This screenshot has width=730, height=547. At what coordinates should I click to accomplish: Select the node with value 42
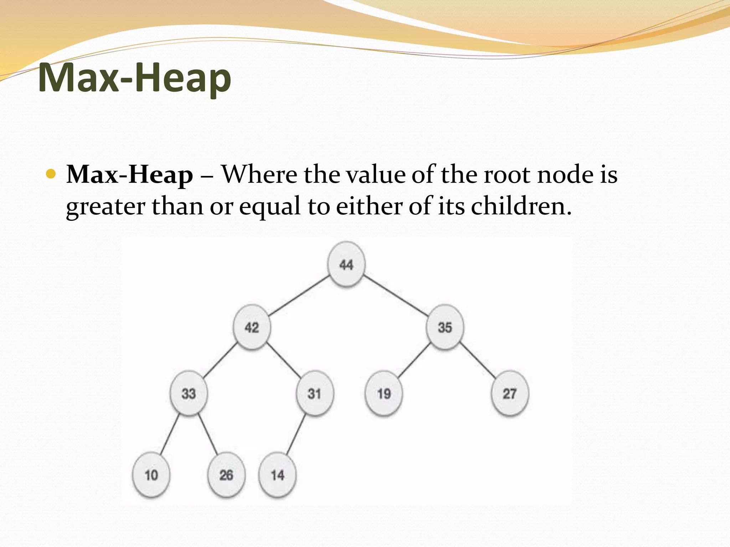click(252, 327)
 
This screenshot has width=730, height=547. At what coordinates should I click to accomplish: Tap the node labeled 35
click(444, 327)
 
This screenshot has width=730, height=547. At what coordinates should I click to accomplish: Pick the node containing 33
click(189, 393)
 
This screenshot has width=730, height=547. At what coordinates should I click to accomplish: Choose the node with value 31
click(314, 393)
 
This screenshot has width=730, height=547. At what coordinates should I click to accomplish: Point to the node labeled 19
click(384, 393)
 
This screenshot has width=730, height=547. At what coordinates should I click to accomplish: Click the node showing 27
click(509, 393)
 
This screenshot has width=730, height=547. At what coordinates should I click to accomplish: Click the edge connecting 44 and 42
click(299, 295)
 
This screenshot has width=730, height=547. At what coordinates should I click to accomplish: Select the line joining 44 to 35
click(396, 295)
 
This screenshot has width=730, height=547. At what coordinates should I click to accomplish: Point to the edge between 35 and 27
click(478, 360)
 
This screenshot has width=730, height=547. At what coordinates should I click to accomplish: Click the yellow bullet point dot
click(51, 174)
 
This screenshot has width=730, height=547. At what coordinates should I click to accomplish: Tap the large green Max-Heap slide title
click(134, 77)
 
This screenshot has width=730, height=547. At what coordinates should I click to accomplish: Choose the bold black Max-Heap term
click(130, 175)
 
